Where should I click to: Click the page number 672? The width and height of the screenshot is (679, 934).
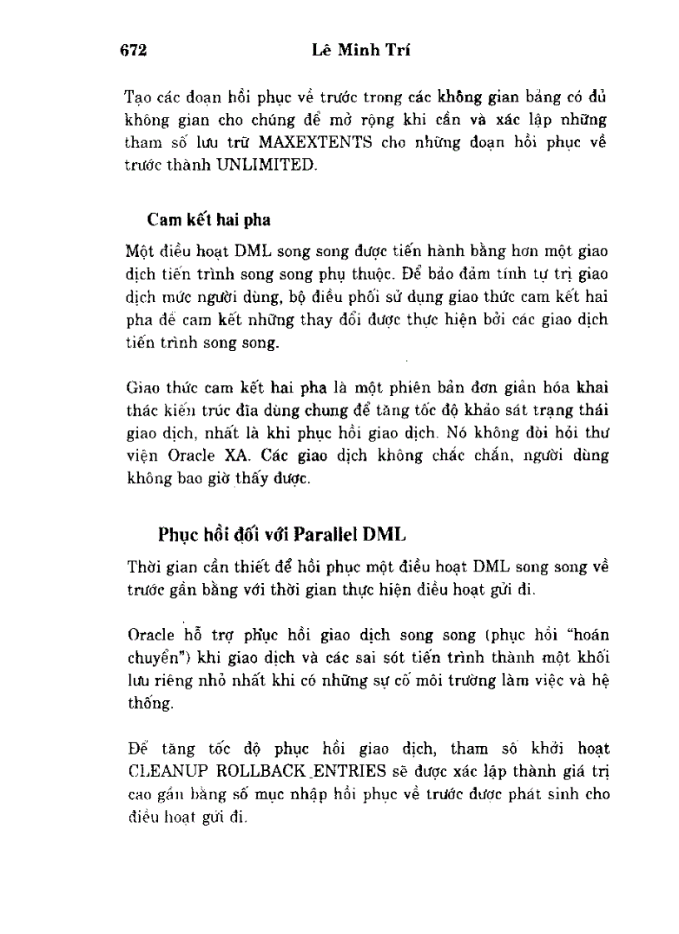coord(133,52)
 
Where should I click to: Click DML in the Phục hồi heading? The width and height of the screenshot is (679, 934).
coord(389,533)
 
